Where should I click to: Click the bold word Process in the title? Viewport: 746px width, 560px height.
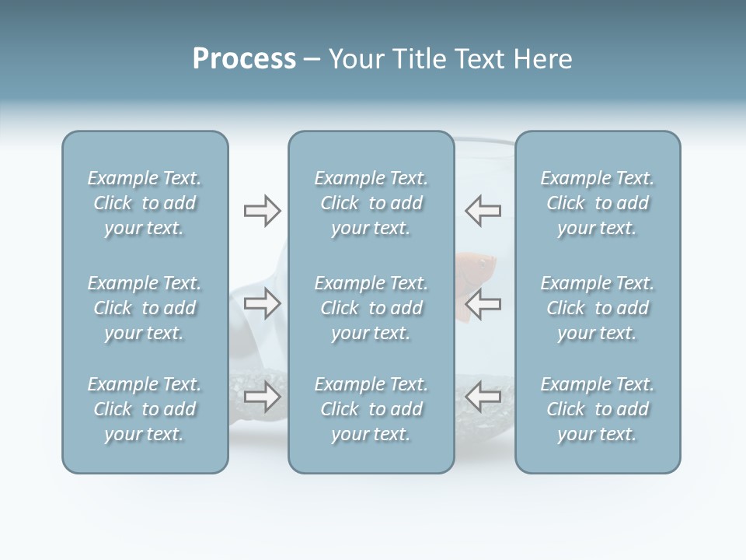point(244,59)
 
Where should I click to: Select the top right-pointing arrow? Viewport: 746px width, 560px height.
point(262,211)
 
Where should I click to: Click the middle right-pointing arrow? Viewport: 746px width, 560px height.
point(262,303)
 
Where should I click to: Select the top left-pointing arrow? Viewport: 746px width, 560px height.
point(483,211)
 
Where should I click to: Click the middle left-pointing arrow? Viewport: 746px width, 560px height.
point(483,303)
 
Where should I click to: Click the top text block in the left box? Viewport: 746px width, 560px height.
point(145,203)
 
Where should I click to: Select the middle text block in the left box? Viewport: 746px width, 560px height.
point(145,308)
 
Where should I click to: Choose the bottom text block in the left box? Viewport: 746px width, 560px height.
point(145,409)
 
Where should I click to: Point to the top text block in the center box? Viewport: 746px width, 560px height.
point(371,203)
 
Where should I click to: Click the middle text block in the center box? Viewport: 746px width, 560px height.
point(371,308)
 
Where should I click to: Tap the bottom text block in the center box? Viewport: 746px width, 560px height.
point(371,409)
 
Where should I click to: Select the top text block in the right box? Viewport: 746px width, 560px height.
point(598,203)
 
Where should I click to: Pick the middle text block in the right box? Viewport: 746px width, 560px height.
point(598,308)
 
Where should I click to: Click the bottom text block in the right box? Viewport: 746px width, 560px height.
point(598,409)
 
